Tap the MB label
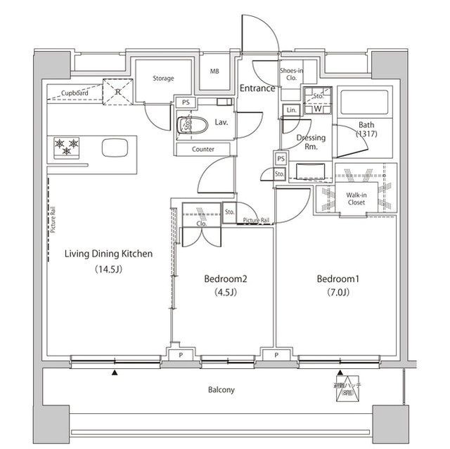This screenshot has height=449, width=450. point(214,72)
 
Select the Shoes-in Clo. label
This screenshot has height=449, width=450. point(291,74)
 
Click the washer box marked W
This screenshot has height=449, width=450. point(318,109)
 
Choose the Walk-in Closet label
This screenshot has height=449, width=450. point(356,199)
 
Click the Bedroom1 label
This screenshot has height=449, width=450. point(337,279)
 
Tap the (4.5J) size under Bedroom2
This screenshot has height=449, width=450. point(226,293)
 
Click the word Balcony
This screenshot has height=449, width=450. point(221,390)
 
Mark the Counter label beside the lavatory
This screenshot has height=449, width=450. point(203,150)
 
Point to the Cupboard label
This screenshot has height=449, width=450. point(75,93)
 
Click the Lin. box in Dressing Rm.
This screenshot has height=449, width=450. point(291,110)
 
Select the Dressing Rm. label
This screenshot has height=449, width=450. point(310,143)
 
